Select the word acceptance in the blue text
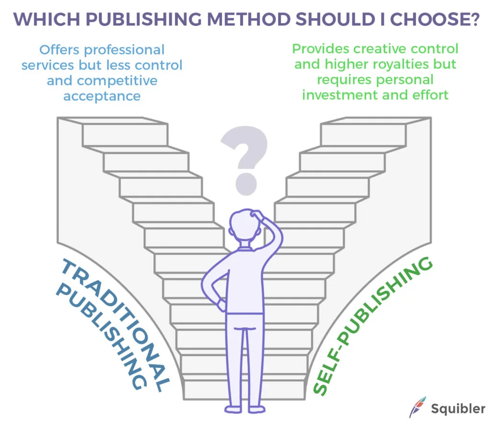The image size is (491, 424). [x=102, y=95]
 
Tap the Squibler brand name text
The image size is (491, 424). [x=457, y=409]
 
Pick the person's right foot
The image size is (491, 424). [x=256, y=409]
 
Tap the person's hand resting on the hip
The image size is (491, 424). [x=221, y=304]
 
